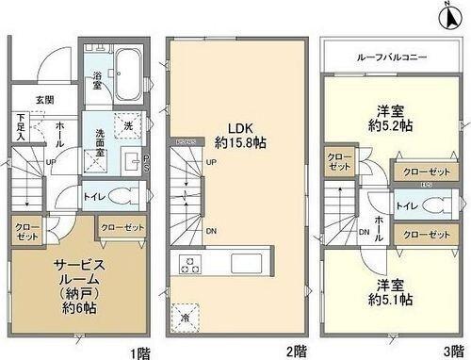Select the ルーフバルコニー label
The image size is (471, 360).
392,56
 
